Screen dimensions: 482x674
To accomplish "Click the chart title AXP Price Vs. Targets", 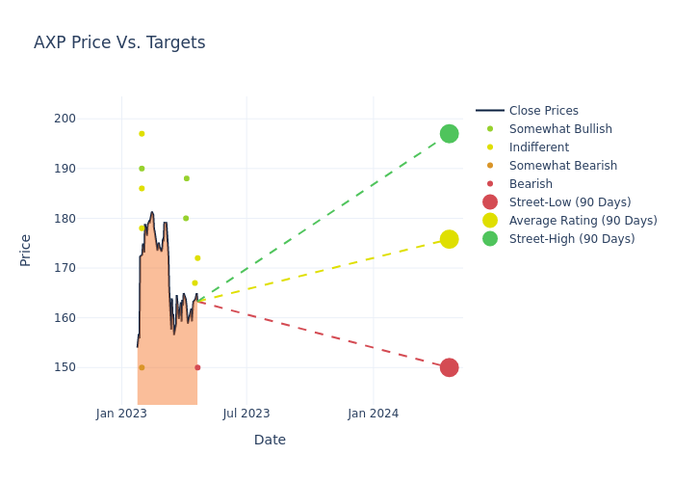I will [119, 42].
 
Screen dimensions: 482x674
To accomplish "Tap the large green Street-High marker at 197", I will [449, 133].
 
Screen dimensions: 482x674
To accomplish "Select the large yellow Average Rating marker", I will [449, 239].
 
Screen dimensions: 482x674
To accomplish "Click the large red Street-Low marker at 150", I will [449, 367].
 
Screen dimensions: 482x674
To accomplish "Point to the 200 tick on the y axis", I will [91, 119].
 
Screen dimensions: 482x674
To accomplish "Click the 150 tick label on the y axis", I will [91, 367].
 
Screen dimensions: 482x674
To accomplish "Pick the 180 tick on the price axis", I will [91, 218].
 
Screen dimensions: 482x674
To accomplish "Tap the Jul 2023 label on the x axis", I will [246, 414].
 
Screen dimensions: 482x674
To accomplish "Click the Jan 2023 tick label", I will [121, 414].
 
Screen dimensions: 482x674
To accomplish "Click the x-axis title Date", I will [270, 440].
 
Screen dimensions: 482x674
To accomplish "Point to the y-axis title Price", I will [26, 250].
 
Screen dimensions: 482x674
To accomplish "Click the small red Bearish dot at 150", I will [197, 367].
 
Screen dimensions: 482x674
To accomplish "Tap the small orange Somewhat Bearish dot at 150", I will [142, 367].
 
